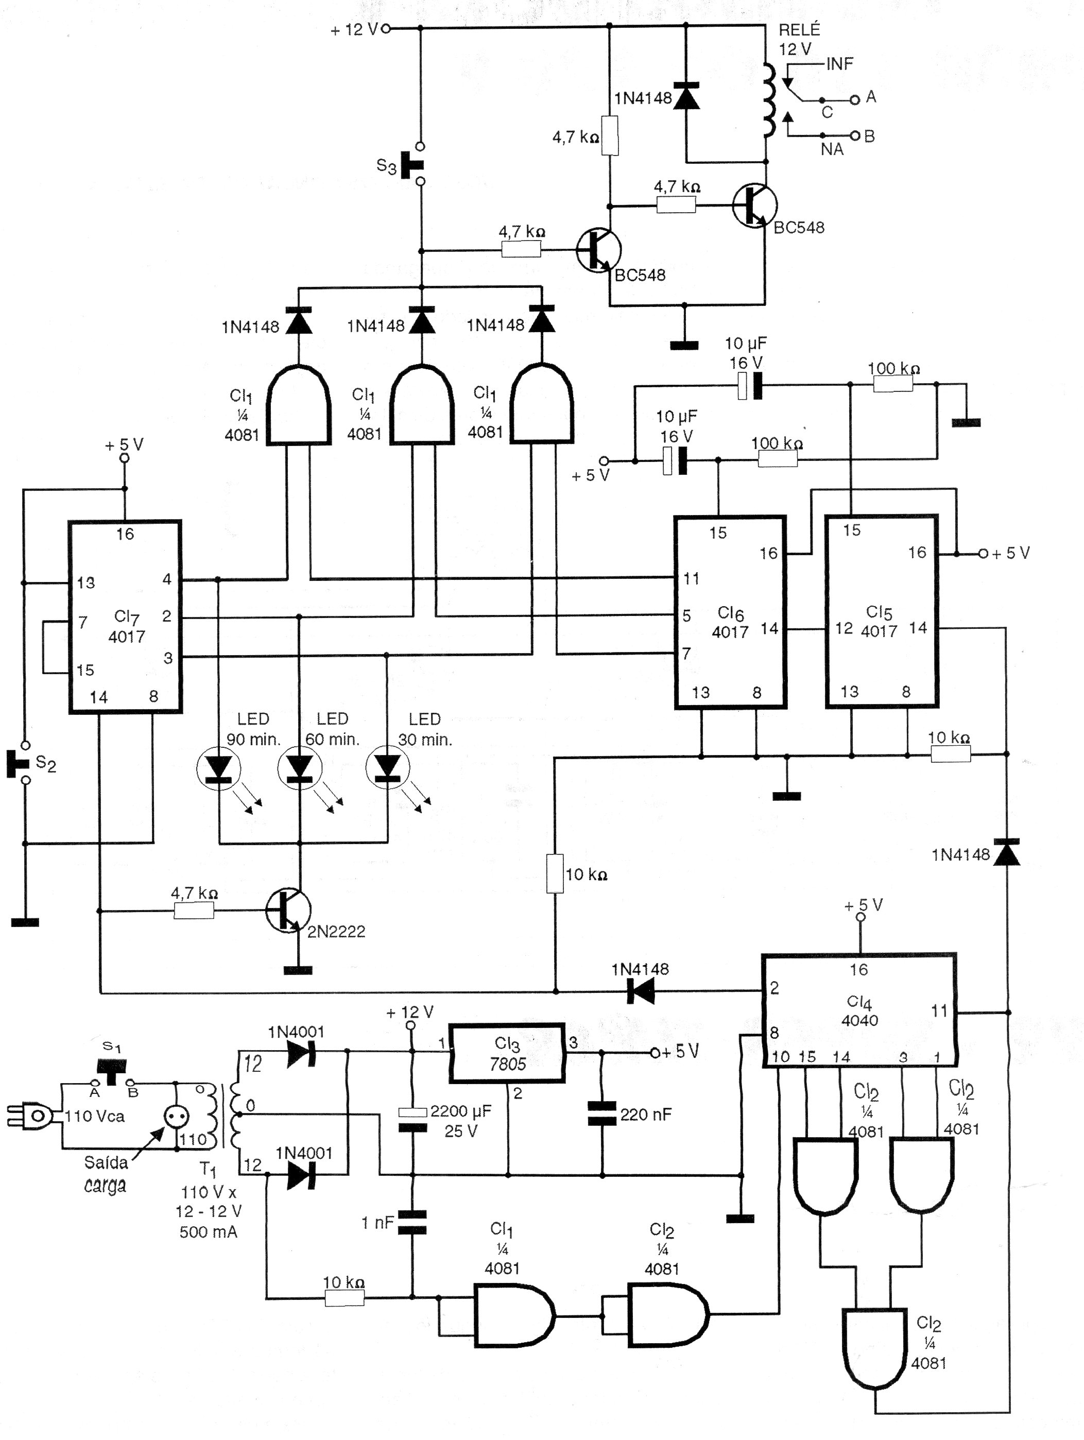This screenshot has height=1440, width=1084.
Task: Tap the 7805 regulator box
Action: click(x=507, y=1053)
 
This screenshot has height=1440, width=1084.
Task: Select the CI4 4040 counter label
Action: click(x=859, y=1010)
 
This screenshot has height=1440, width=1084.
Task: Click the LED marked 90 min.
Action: click(x=219, y=770)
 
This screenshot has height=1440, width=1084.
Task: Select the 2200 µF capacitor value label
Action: click(x=460, y=1111)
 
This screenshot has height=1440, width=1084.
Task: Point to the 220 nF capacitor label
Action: click(x=645, y=1115)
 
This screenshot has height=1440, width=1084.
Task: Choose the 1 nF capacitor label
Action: click(x=377, y=1223)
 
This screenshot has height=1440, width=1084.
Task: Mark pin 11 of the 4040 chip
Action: click(x=939, y=1011)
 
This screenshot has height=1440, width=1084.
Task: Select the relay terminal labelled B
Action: click(x=869, y=136)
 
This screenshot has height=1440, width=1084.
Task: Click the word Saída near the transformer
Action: click(x=106, y=1162)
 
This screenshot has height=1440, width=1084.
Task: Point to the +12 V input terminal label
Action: click(x=353, y=30)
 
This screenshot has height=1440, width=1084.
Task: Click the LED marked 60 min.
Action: click(x=300, y=769)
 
